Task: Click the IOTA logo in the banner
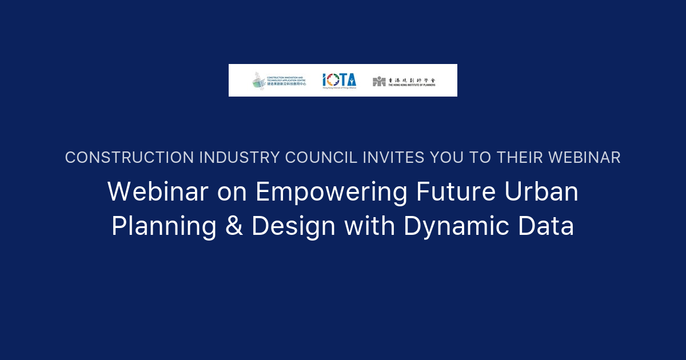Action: pos(339,81)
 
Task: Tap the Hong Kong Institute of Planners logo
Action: pos(404,81)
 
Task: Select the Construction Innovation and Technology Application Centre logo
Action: pos(280,81)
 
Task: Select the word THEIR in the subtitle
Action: pos(524,158)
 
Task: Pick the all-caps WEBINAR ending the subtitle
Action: pos(587,158)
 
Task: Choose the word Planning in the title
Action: pos(163,227)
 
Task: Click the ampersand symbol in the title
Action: pos(234,226)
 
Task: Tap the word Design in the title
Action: pos(293,227)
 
